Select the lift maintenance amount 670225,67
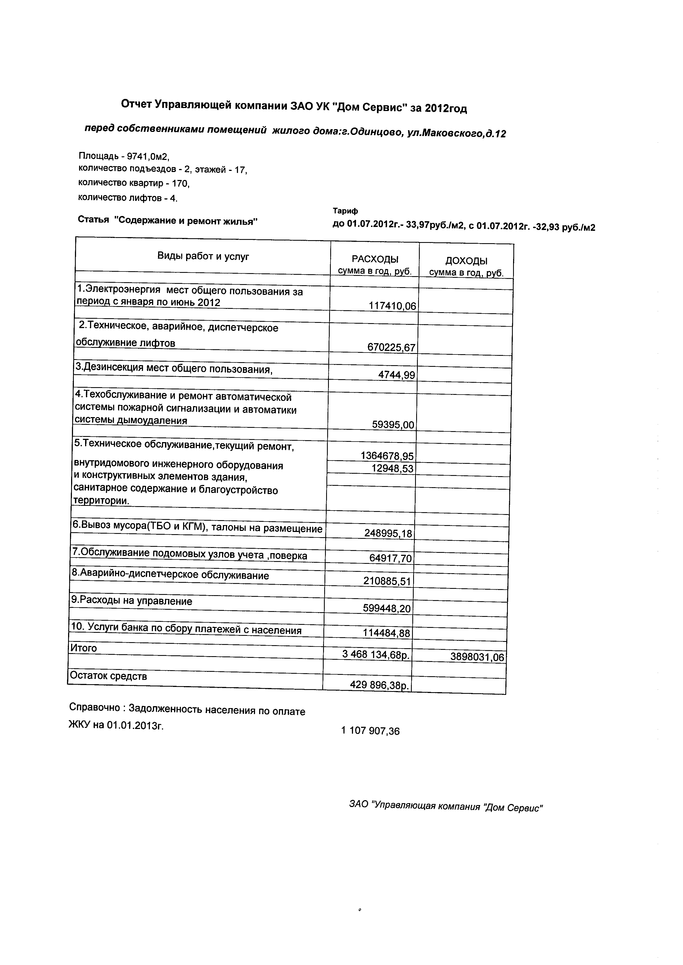point(391,348)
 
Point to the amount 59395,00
point(393,425)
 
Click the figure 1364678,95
point(387,456)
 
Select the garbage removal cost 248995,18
point(388,534)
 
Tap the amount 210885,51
point(387,582)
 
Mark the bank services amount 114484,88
point(386,633)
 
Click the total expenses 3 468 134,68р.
point(376,655)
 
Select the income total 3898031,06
point(477,657)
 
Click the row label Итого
point(83,648)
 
